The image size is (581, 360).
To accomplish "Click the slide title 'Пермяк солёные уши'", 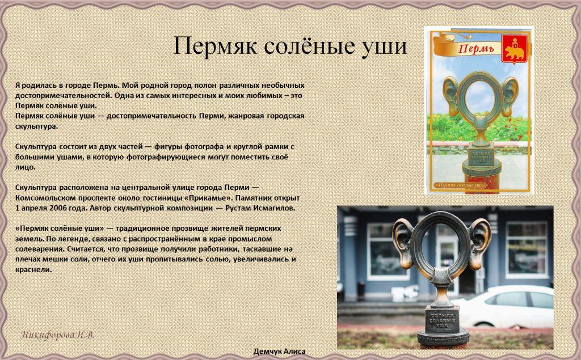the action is [290, 46].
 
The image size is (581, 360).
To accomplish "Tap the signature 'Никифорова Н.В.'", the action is [57, 335].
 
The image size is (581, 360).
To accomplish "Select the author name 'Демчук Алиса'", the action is [279, 351].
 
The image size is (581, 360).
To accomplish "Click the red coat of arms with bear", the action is [515, 49].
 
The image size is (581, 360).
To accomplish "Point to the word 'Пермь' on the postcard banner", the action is [477, 48].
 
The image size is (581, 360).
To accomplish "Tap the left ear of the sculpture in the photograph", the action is [403, 243].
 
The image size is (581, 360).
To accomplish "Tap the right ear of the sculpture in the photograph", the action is [480, 243].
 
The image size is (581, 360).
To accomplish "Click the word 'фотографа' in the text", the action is [204, 146].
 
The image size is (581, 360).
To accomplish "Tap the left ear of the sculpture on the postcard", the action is [451, 96].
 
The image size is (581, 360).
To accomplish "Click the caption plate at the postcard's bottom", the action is [460, 184].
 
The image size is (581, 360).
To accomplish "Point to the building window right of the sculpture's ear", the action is [527, 250].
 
